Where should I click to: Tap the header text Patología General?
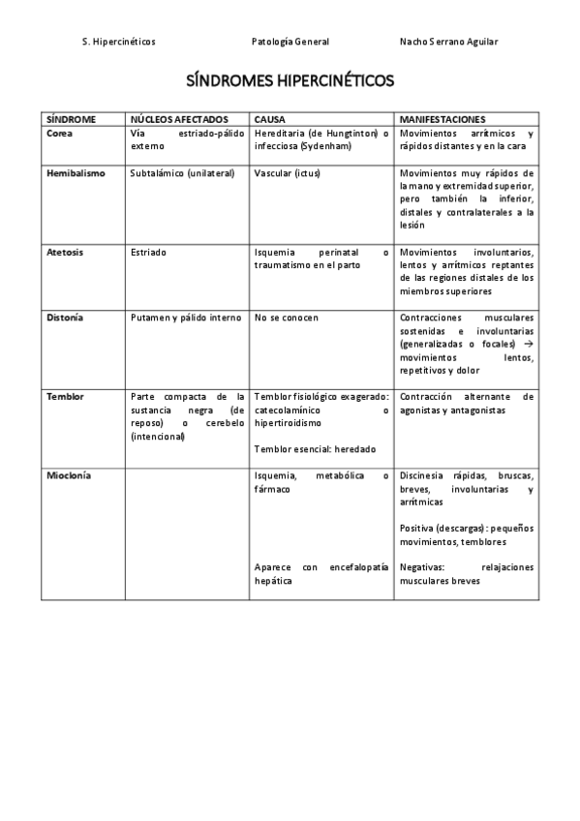(290, 42)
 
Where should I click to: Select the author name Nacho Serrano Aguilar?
(448, 42)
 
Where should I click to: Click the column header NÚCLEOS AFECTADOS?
(179, 119)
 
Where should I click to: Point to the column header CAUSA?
(270, 119)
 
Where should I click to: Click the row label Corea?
(59, 133)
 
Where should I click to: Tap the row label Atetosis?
(65, 252)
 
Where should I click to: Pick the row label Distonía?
(65, 318)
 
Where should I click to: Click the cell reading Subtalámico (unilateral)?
(182, 173)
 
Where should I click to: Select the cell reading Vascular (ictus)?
(287, 173)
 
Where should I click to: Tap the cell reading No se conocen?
(287, 318)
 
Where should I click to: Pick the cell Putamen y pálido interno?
(185, 318)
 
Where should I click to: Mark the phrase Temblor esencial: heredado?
(315, 449)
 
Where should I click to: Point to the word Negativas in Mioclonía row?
(422, 567)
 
